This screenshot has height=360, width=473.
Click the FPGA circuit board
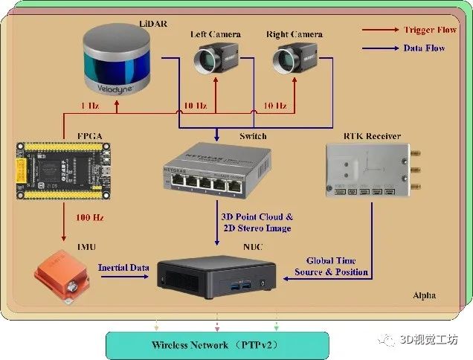(x=64, y=171)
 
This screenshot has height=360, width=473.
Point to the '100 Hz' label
(x=89, y=218)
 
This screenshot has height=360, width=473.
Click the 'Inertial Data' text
(x=124, y=267)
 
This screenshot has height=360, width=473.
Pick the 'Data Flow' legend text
(x=425, y=48)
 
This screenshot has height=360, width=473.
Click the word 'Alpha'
(x=425, y=296)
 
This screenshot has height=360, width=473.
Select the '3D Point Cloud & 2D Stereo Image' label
(x=259, y=223)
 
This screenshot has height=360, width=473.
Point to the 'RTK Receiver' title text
(x=372, y=136)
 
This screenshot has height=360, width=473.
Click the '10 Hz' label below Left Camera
(x=195, y=106)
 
